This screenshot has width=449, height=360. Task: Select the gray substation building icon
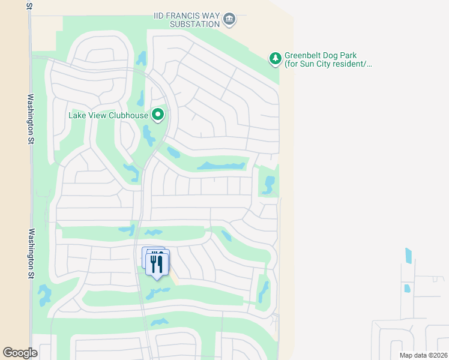click(x=229, y=20)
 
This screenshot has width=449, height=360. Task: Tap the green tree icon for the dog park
click(x=275, y=58)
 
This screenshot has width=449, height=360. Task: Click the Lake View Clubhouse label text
click(x=108, y=115)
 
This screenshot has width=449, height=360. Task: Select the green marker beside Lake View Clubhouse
click(x=158, y=114)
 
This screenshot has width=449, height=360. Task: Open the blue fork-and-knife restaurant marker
click(x=157, y=263)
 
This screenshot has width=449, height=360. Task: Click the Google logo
click(x=20, y=352)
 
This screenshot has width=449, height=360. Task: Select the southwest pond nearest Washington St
click(x=44, y=295)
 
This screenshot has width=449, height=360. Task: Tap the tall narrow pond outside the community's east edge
click(x=409, y=256)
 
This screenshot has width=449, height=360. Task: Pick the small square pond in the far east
click(x=407, y=289)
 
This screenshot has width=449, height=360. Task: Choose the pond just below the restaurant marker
click(x=157, y=292)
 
